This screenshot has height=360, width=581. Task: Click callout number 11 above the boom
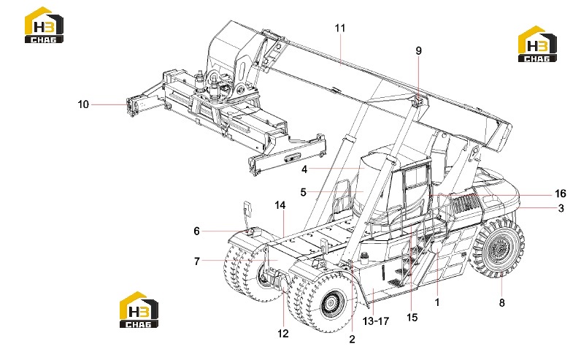(x=340, y=28)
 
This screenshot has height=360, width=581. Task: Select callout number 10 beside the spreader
(x=83, y=104)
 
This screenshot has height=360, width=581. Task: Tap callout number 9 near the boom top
(x=419, y=51)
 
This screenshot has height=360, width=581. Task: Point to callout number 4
(x=304, y=169)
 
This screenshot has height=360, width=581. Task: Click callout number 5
(x=304, y=193)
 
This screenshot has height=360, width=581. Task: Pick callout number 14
(x=280, y=205)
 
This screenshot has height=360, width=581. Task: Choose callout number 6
(x=197, y=231)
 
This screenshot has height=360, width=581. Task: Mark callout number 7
(x=197, y=261)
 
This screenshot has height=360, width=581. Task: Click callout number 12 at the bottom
(x=283, y=334)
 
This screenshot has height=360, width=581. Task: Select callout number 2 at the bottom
(x=352, y=339)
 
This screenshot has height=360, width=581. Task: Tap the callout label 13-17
(x=376, y=321)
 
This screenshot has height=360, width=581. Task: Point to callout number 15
(x=412, y=318)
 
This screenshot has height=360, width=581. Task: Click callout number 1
(x=437, y=302)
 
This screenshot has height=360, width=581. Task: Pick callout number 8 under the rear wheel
(x=501, y=303)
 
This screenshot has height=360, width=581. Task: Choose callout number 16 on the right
(x=561, y=194)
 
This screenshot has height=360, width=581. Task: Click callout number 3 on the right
(x=561, y=208)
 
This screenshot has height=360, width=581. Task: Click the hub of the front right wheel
(x=328, y=304)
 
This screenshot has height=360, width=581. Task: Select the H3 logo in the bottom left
(x=139, y=310)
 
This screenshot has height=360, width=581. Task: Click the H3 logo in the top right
(x=537, y=44)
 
